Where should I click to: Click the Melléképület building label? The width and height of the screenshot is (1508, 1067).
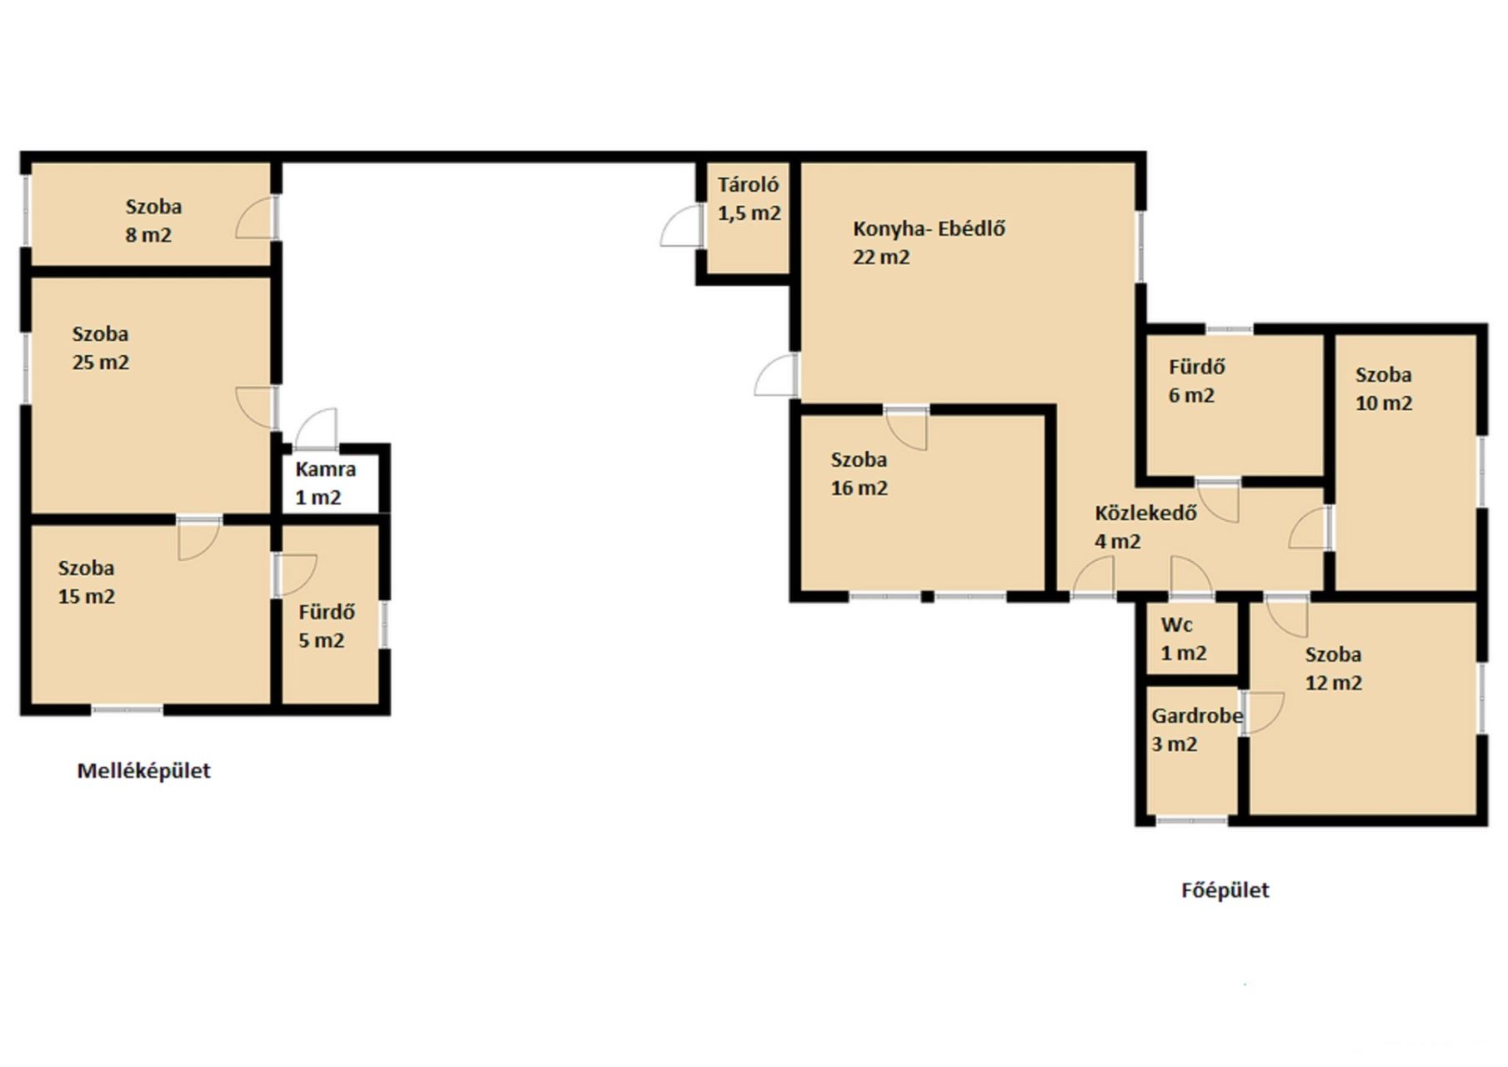click(x=143, y=771)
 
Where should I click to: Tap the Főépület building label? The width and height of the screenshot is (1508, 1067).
click(x=1225, y=890)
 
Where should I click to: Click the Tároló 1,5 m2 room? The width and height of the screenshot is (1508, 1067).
click(x=748, y=218)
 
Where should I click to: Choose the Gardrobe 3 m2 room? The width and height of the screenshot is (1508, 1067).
click(x=1192, y=750)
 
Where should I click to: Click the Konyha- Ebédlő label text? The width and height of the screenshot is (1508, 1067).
click(x=929, y=228)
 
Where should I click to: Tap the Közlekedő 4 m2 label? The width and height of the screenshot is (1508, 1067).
click(x=1145, y=527)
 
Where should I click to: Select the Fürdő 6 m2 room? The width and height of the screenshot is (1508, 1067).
click(x=1235, y=406)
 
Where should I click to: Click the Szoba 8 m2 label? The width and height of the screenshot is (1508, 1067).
click(x=153, y=221)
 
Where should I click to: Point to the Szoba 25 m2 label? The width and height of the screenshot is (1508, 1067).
click(x=100, y=348)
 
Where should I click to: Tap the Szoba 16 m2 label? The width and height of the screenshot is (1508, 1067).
click(x=859, y=473)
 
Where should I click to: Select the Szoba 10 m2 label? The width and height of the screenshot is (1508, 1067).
click(x=1383, y=389)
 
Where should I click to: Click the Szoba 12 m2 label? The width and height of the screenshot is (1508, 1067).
click(x=1333, y=669)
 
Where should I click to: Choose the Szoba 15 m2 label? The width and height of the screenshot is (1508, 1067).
click(x=86, y=582)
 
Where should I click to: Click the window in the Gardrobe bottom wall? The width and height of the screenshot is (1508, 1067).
click(x=1191, y=821)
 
